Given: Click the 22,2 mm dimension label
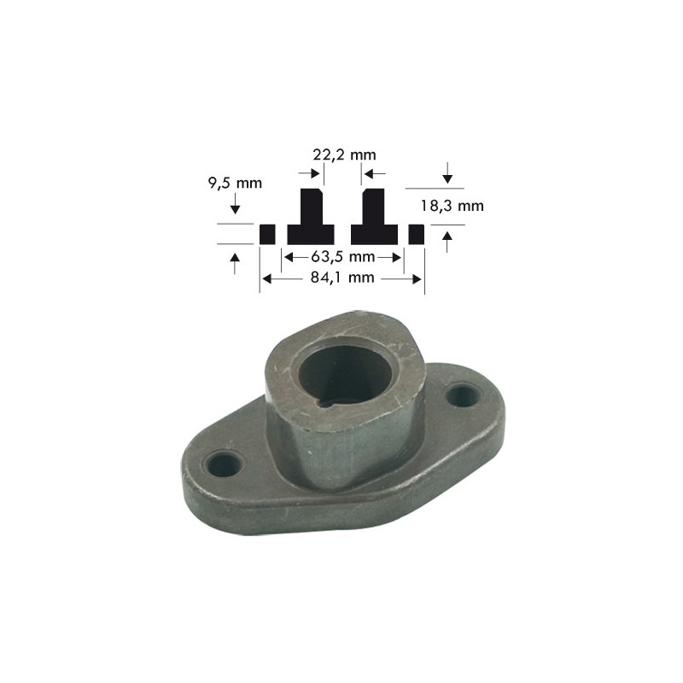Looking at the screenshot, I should (x=344, y=155).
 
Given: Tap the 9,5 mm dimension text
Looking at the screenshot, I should (x=236, y=183).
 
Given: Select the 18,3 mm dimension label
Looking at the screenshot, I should (x=452, y=205).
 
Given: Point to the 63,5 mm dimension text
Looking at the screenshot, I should (x=342, y=257).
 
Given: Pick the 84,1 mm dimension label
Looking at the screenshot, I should (x=341, y=277).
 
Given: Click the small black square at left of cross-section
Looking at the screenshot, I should (x=267, y=234).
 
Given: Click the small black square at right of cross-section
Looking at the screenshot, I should (x=417, y=234).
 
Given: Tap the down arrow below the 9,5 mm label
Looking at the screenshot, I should (x=236, y=205).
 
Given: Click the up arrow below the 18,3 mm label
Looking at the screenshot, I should (x=447, y=241).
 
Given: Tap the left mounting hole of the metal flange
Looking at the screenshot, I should (x=225, y=464).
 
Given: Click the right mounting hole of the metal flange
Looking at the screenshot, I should (x=462, y=394).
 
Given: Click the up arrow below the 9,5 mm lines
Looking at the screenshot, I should (x=236, y=262).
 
